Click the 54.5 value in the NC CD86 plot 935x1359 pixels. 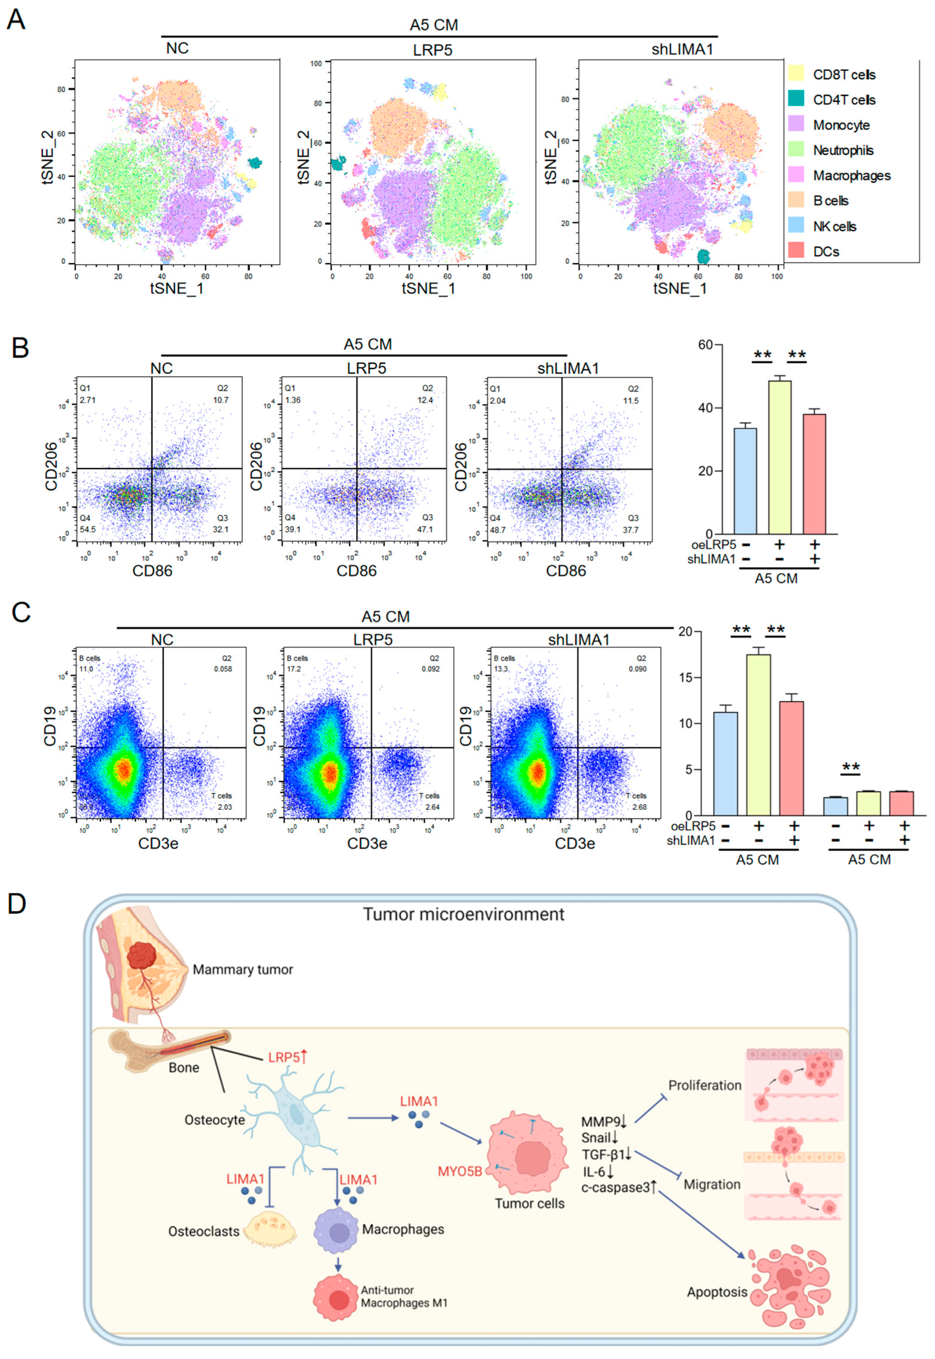pos(88,529)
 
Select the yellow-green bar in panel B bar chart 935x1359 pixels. pos(779,457)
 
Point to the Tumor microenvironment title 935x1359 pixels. pos(463,914)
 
